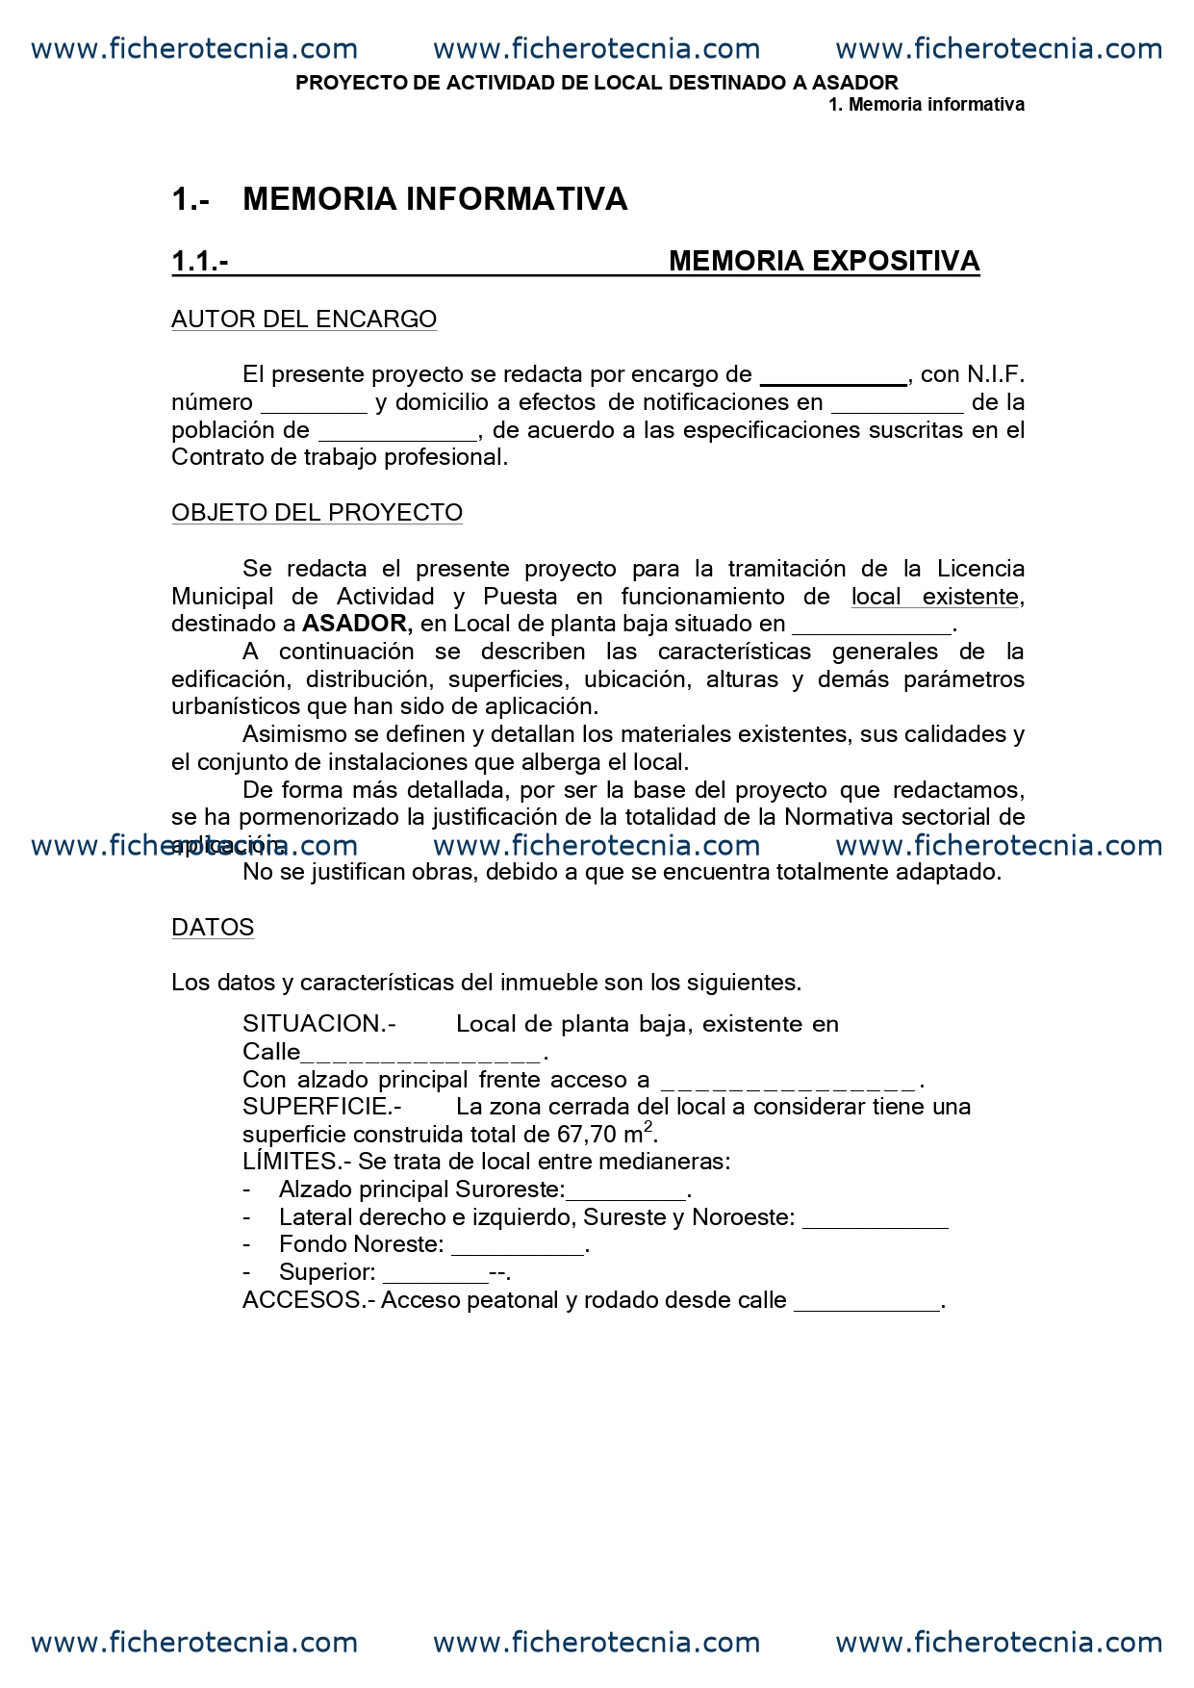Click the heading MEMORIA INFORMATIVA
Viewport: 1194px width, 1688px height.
[x=435, y=199]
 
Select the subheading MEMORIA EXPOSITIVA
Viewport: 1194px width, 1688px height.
[x=824, y=261]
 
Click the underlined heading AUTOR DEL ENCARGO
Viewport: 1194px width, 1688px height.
[x=304, y=320]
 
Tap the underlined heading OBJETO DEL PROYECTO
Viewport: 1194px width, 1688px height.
[x=317, y=513]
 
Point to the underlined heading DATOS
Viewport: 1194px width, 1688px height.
[x=213, y=928]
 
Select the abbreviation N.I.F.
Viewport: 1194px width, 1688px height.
[x=996, y=374]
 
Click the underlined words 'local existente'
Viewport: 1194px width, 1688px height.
[x=935, y=597]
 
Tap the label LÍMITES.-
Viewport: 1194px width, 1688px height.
[x=296, y=1162]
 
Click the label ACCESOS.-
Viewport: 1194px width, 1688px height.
[x=308, y=1300]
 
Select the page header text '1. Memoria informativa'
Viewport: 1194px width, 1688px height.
[x=927, y=105]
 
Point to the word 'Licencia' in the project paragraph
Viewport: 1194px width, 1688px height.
[x=980, y=569]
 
